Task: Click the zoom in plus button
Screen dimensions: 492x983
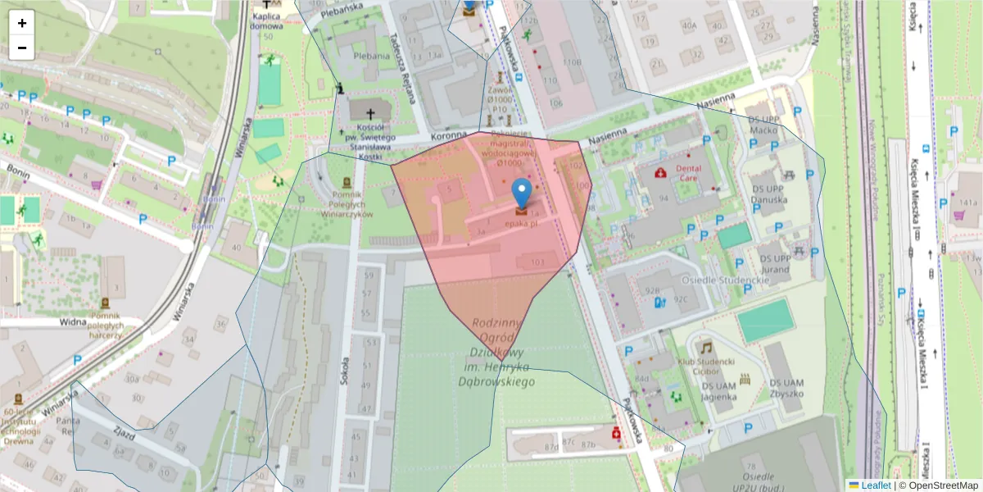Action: coord(22,23)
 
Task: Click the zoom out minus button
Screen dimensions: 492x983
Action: coord(22,48)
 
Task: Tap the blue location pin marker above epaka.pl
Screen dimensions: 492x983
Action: coord(521,194)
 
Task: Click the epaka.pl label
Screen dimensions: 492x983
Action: coord(521,222)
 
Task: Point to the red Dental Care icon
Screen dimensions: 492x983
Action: coord(660,173)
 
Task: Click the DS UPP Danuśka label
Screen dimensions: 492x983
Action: coord(771,204)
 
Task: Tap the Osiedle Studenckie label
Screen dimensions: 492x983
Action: coord(726,279)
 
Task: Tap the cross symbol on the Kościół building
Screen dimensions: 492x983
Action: coord(370,113)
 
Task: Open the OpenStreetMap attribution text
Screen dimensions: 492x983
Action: coord(942,485)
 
